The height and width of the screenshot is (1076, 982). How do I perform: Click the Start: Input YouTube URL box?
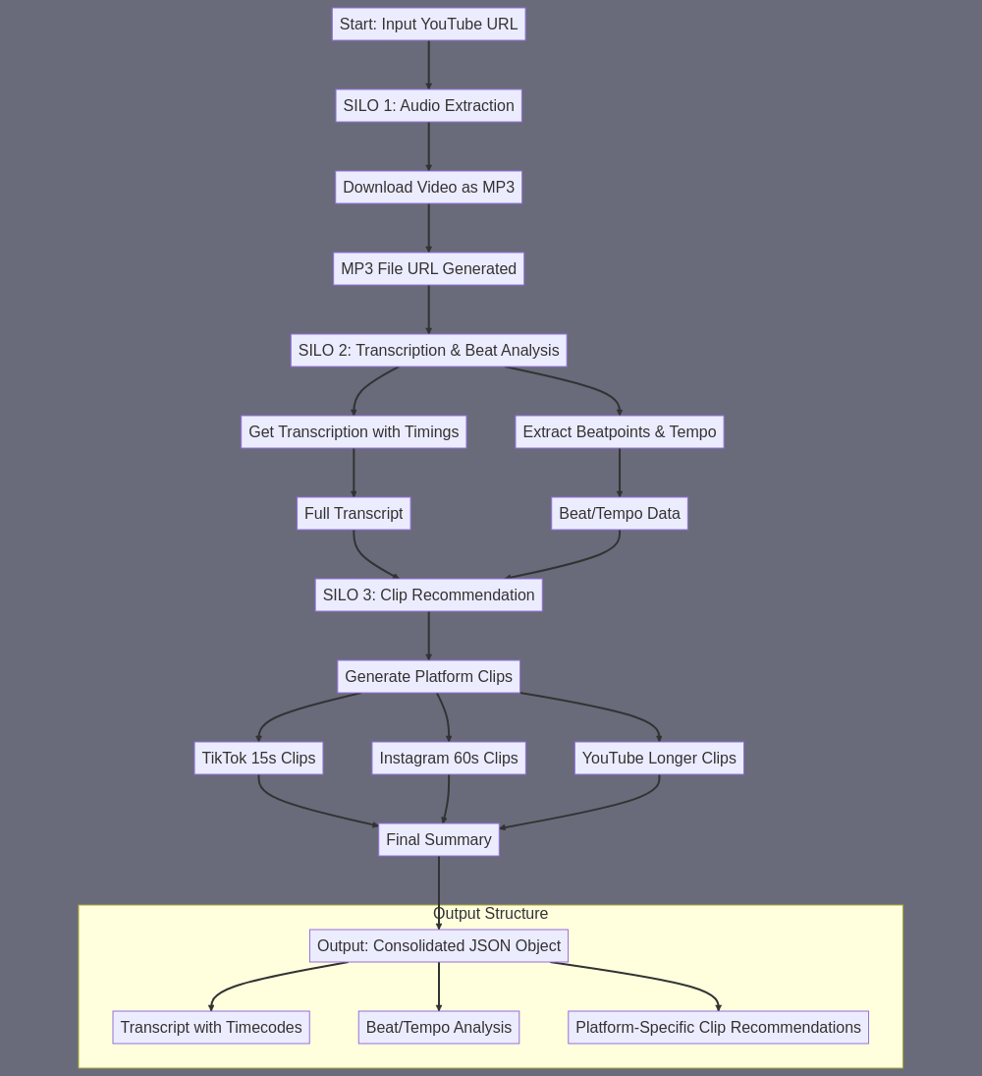point(428,24)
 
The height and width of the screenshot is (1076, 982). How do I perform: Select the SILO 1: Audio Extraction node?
point(428,106)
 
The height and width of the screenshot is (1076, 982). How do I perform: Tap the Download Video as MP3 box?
point(428,188)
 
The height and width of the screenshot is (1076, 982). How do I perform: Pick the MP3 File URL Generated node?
point(428,269)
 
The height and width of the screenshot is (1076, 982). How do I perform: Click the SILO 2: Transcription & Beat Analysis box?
point(428,351)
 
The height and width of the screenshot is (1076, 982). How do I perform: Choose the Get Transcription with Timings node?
point(354,432)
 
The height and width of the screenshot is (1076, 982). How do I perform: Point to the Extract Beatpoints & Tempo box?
point(620,432)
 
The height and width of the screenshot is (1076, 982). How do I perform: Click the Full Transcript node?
point(354,514)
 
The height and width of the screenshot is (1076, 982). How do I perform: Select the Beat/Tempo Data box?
point(620,514)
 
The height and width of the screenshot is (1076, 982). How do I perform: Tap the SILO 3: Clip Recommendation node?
point(428,595)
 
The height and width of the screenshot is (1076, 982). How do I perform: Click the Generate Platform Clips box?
point(428,677)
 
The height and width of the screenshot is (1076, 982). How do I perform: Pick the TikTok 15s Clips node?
point(258,759)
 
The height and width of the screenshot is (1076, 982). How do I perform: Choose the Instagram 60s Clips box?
point(449,759)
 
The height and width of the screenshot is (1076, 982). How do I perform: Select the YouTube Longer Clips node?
point(659,759)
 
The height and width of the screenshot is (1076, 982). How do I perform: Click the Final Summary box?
point(439,840)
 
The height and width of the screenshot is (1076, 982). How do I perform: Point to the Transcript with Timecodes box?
point(211,1028)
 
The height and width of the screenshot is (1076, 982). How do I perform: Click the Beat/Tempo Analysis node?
point(439,1028)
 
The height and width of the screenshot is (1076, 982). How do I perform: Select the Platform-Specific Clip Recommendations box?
point(718,1028)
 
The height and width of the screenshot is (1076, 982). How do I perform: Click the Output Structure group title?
point(490,914)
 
